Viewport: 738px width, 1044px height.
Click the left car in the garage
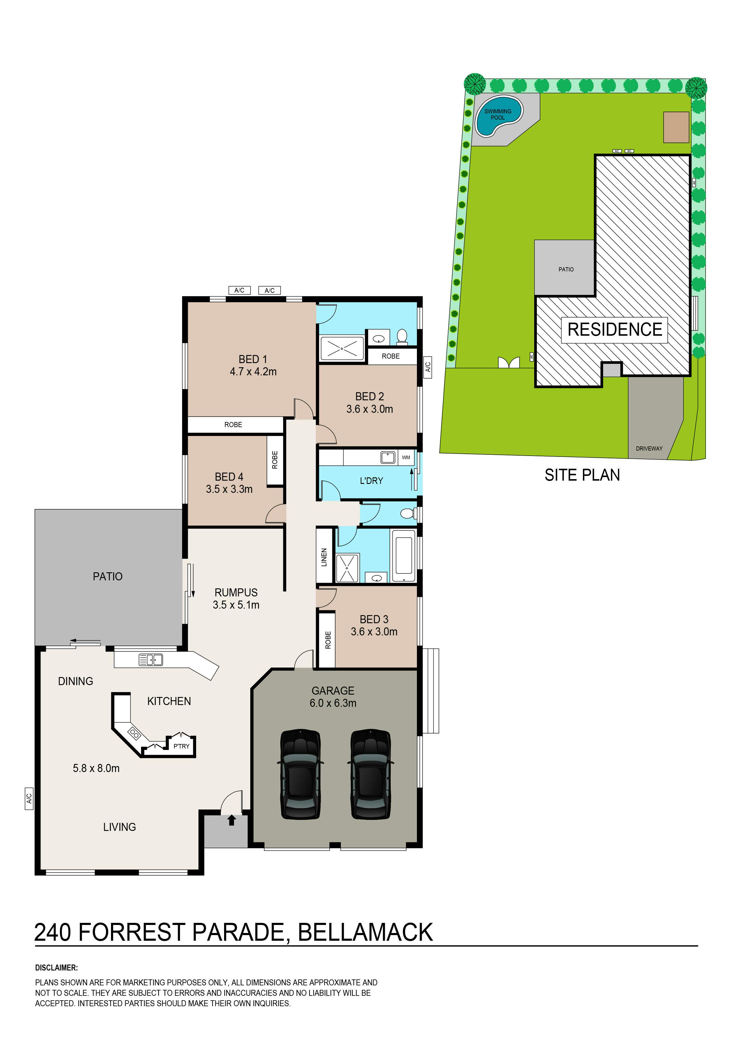tap(300, 774)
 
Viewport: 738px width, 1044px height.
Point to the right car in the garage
tap(370, 774)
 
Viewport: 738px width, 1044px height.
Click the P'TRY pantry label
tap(182, 746)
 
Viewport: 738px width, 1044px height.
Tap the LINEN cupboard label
tap(324, 557)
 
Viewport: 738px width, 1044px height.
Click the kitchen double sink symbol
tap(151, 660)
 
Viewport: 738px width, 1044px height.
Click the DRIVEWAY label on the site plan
tap(649, 449)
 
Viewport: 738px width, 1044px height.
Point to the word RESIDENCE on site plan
tap(615, 330)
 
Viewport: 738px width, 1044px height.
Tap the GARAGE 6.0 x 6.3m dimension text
tap(333, 703)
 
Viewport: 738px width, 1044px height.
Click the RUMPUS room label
tap(236, 593)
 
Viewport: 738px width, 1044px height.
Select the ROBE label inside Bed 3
tap(328, 640)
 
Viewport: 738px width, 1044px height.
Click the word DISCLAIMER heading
tap(56, 968)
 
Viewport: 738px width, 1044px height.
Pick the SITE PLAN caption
tap(582, 475)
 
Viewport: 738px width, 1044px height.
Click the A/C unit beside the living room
tap(29, 798)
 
